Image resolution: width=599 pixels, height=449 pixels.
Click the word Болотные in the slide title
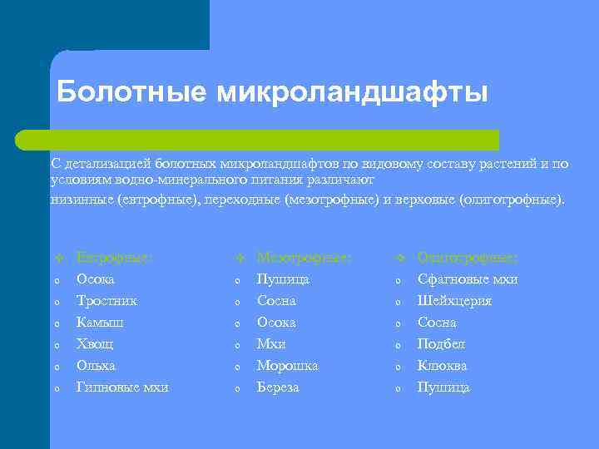pos(132,92)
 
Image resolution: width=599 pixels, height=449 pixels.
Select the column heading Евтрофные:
pos(114,258)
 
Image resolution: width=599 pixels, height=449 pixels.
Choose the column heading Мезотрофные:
pos(304,258)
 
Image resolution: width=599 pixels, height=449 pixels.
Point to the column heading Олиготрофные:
pos(467,258)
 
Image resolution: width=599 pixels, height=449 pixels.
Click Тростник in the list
pos(106,301)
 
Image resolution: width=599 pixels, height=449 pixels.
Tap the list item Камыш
pos(100,323)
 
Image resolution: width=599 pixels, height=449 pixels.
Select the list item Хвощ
pos(95,344)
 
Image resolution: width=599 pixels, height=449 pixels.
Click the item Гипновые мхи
pos(122,387)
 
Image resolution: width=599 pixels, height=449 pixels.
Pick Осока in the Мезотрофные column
pos(276,323)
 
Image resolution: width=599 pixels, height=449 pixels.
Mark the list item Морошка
pos(287,366)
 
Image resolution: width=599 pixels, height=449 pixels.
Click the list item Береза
pos(278,387)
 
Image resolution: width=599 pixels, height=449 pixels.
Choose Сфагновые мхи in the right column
pos(467,279)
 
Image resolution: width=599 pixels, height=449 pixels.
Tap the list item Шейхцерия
pos(454,301)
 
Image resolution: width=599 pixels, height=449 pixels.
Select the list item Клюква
pos(442,366)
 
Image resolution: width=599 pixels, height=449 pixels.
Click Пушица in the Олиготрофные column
pos(443,387)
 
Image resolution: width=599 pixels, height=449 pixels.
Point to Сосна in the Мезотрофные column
pos(276,301)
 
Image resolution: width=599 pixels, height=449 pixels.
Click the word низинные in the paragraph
pos(82,200)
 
